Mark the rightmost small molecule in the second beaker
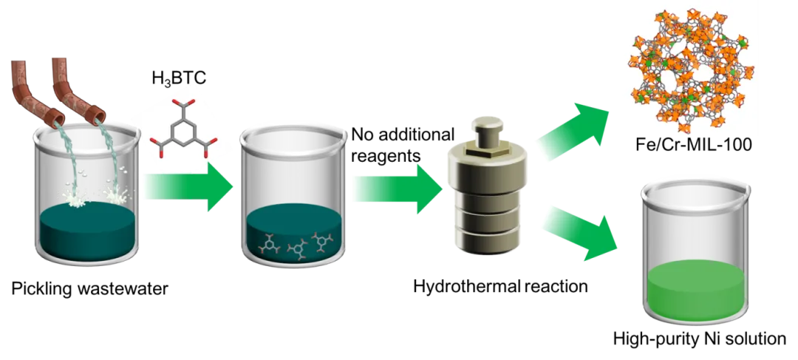pos(322,240)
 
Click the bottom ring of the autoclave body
pos(485,237)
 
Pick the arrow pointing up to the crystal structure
pos(576,129)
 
